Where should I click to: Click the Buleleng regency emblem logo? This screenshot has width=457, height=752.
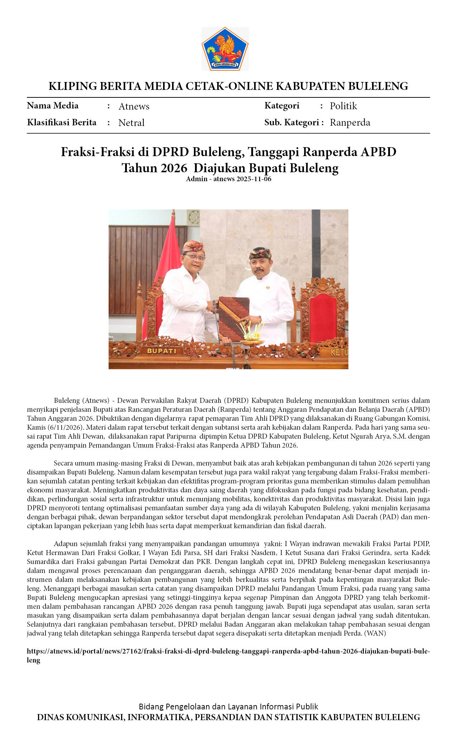click(x=225, y=49)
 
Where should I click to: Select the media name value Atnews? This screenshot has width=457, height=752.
click(x=134, y=106)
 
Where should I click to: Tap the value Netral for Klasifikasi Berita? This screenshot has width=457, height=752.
click(x=131, y=123)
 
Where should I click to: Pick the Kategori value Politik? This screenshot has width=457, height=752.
click(x=343, y=106)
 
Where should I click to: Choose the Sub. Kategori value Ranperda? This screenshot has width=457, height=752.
click(x=350, y=122)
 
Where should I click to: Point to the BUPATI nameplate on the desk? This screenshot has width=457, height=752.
click(x=162, y=351)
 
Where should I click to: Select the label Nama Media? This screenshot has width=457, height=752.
click(x=53, y=106)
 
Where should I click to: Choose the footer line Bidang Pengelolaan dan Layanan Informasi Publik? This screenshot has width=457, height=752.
click(x=228, y=707)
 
